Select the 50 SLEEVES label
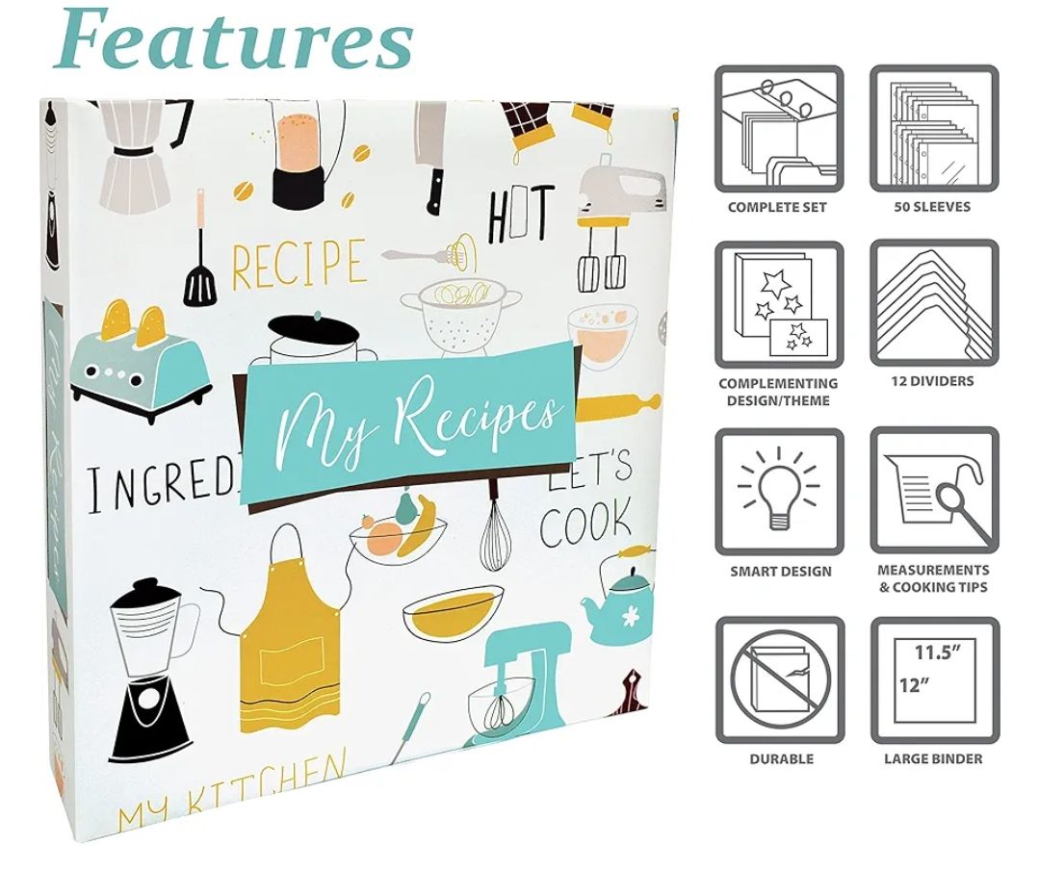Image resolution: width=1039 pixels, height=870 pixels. pyautogui.click(x=933, y=207)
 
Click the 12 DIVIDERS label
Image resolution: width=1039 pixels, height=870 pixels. pyautogui.click(x=933, y=381)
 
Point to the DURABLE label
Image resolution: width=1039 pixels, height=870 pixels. pyautogui.click(x=781, y=759)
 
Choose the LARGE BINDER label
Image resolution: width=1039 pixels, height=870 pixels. pyautogui.click(x=933, y=759)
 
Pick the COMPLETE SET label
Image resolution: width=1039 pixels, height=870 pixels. pyautogui.click(x=777, y=207)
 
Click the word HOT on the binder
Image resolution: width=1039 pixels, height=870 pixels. pyautogui.click(x=521, y=214)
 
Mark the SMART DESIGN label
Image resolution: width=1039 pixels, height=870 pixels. pyautogui.click(x=781, y=572)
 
